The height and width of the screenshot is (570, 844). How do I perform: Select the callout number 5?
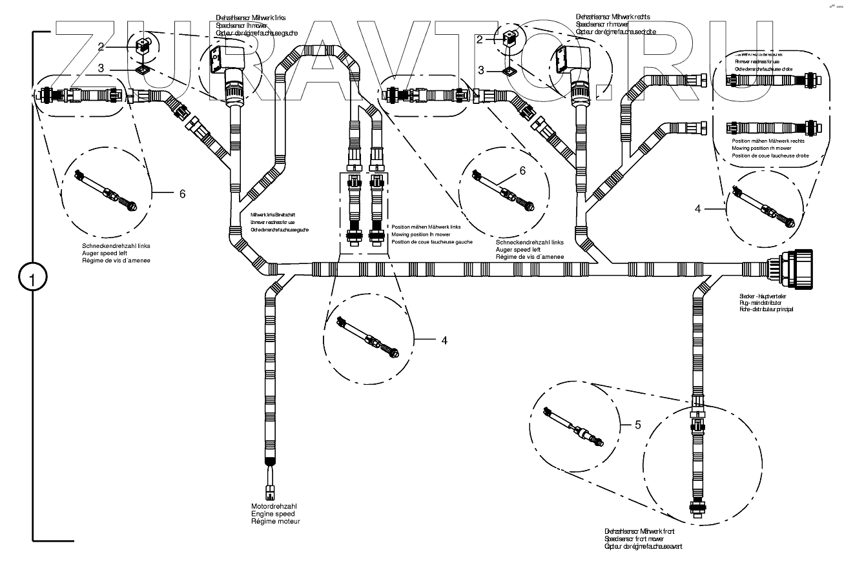(x=637, y=425)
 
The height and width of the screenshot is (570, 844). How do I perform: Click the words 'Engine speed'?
(x=273, y=513)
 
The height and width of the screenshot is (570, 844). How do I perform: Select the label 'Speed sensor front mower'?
(x=634, y=538)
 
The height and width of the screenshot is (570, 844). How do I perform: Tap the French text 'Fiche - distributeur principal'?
(x=767, y=310)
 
